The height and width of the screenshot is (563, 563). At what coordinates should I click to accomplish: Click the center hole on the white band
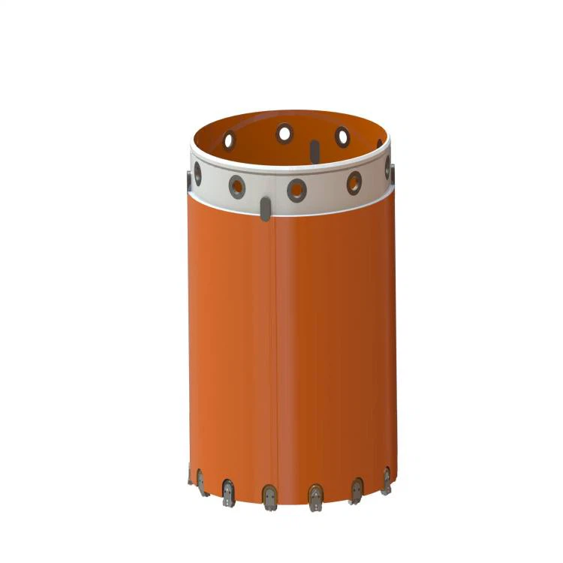point(297,189)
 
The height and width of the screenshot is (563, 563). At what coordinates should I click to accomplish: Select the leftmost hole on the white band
point(197,174)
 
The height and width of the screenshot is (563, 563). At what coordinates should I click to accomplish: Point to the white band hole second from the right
point(354,182)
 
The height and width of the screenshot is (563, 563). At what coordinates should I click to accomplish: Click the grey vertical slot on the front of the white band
point(265,209)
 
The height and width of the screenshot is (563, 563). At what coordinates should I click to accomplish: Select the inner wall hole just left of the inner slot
point(284,134)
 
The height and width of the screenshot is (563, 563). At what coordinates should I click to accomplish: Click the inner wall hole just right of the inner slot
point(342,137)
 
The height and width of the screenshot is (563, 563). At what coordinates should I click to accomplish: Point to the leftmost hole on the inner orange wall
point(228,140)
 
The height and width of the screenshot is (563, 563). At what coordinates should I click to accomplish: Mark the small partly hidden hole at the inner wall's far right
point(379,143)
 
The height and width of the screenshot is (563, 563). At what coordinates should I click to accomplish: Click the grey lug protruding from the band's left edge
point(188,181)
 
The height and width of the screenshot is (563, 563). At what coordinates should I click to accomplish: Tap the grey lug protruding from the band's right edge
point(393,174)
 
